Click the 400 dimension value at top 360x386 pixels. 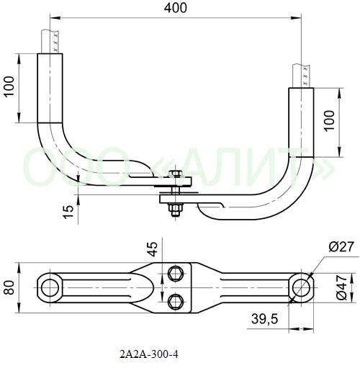coord(176,8)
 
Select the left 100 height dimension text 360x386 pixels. coord(9,87)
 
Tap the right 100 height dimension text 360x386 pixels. coord(329,121)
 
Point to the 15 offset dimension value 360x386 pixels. coord(68,212)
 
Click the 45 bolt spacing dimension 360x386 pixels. coord(153,249)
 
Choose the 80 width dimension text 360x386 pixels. coord(9,287)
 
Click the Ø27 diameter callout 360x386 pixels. coord(341,246)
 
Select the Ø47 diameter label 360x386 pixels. coord(341,287)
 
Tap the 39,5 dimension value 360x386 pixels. coord(264,319)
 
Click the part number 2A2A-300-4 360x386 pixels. coord(149,354)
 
